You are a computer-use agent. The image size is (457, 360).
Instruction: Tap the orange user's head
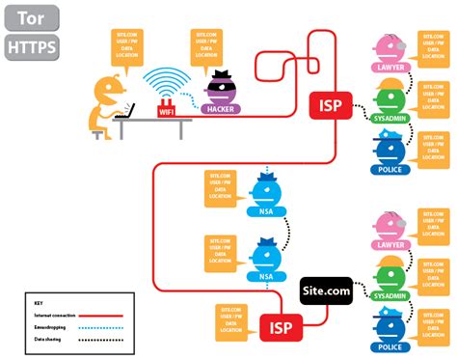click(106, 89)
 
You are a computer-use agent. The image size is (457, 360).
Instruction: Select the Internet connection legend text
click(49, 315)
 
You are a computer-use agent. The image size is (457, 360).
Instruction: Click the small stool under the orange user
click(97, 134)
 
